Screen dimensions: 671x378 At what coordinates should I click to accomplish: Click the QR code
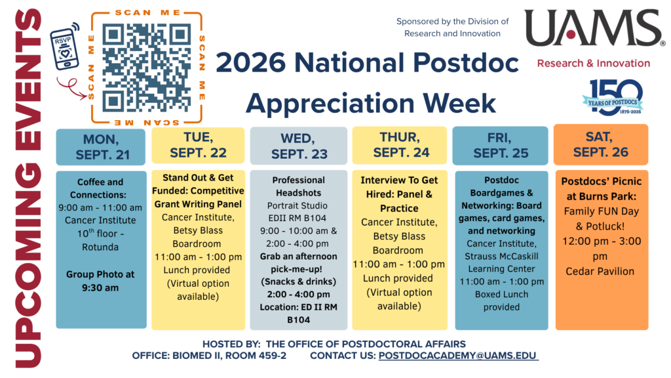[x=146, y=68]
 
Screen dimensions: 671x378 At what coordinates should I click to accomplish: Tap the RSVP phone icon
[x=65, y=47]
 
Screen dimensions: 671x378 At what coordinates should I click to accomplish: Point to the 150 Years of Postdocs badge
[x=613, y=97]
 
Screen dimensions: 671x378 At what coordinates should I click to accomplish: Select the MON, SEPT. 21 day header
[x=100, y=147]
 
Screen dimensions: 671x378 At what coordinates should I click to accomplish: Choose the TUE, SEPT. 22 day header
[x=198, y=145]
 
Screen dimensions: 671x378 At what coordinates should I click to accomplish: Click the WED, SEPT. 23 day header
[x=299, y=146]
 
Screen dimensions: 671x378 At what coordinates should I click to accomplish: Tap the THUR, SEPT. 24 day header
[x=400, y=145]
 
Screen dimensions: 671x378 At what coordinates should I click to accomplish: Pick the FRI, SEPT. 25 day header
[x=500, y=146]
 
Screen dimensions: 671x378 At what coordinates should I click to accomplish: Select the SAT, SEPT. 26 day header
[x=601, y=145]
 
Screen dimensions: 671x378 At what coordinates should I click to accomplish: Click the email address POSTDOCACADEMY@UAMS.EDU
[x=457, y=356]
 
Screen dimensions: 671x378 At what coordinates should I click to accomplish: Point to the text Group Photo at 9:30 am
[x=100, y=281]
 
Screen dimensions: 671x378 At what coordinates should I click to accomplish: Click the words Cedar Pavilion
[x=600, y=271]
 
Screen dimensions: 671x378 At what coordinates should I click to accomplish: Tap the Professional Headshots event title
[x=298, y=186]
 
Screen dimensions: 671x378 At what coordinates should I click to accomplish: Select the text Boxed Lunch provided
[x=501, y=301]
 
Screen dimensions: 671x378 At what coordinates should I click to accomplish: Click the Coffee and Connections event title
[x=100, y=188]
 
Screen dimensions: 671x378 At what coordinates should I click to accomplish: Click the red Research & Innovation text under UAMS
[x=594, y=64]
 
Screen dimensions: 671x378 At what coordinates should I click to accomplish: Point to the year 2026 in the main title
[x=251, y=62]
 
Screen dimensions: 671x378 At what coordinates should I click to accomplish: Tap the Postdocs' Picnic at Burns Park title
[x=602, y=189]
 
